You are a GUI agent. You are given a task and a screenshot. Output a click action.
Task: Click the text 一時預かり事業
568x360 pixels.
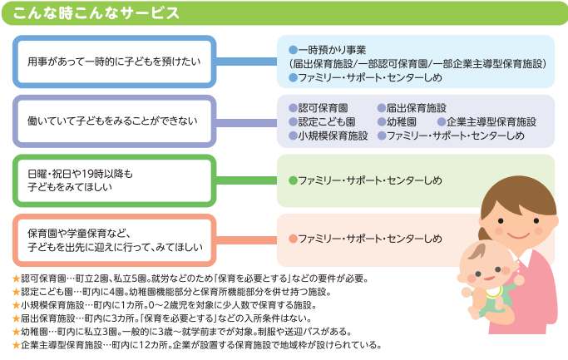click(332, 50)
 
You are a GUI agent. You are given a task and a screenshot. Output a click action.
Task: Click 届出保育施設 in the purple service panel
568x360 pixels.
click(417, 108)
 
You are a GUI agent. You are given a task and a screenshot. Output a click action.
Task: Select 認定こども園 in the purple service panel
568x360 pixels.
click(328, 121)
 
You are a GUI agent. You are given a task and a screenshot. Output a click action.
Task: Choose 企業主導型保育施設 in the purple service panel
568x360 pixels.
click(491, 121)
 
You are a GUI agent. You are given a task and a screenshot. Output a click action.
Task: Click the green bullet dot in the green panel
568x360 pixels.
click(292, 180)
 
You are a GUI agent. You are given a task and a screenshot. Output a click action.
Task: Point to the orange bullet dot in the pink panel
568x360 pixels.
click(292, 239)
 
